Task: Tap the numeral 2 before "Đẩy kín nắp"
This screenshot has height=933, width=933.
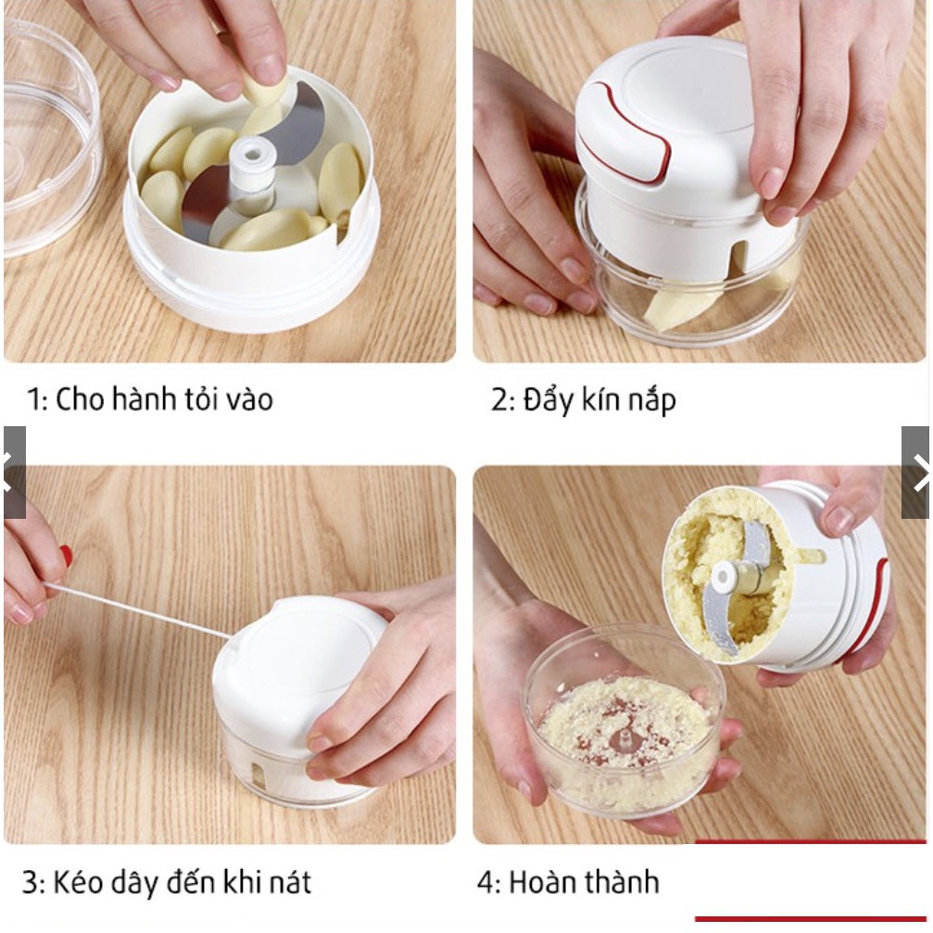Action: coord(498,400)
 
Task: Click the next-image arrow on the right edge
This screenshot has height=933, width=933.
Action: coord(916,473)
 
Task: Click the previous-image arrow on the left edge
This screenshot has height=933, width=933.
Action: coord(13,473)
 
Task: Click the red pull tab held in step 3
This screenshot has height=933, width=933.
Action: coord(66,555)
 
